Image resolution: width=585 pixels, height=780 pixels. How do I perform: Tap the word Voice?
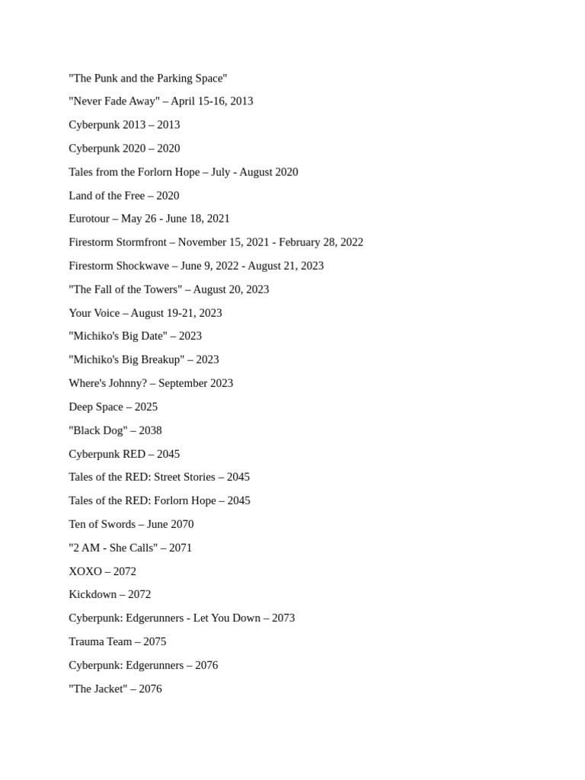pyautogui.click(x=106, y=313)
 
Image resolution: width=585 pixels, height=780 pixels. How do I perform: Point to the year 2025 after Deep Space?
pyautogui.click(x=146, y=407)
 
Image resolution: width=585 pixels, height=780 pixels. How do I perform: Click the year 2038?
pyautogui.click(x=150, y=430)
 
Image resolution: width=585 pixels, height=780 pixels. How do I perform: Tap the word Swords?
pyautogui.click(x=117, y=524)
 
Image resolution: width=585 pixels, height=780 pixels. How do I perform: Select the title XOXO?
pyautogui.click(x=85, y=571)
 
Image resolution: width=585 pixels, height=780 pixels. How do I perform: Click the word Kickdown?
pyautogui.click(x=92, y=594)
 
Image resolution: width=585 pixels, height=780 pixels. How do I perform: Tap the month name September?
pyautogui.click(x=183, y=383)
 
